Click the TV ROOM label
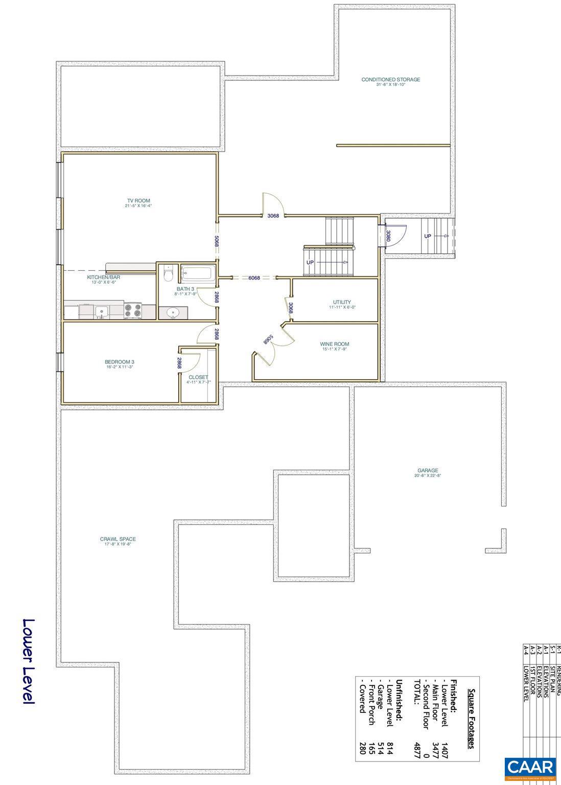[138, 201]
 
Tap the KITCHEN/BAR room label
[103, 277]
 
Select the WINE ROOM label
[335, 344]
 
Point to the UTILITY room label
[342, 302]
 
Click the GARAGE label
[427, 471]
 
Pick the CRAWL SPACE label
[118, 539]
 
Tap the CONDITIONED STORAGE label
[390, 80]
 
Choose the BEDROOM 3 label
[119, 362]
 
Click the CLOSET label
[198, 377]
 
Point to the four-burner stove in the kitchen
[133, 310]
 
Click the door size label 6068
[254, 278]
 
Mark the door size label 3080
[388, 236]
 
